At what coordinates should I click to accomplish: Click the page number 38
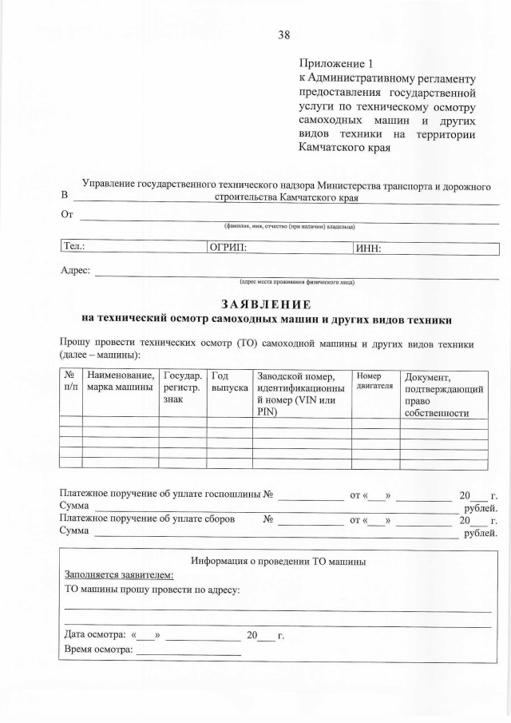pos(283,34)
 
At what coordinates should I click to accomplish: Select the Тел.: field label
pos(74,248)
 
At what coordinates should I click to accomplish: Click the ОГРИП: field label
pos(228,248)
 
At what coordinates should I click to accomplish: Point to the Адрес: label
pos(76,270)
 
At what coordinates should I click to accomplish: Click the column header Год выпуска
pos(228,382)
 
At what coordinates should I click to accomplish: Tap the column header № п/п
pos(70,382)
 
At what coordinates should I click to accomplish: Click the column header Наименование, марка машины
pos(121,382)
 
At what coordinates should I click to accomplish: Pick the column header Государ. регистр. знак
pos(181,387)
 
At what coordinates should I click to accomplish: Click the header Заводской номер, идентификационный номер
pos(300,394)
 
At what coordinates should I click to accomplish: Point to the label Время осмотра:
pos(97,650)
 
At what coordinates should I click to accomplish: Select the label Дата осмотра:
pos(93,635)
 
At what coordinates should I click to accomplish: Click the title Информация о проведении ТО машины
pos(278,561)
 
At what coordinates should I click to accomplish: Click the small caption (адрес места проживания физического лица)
pos(297,281)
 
